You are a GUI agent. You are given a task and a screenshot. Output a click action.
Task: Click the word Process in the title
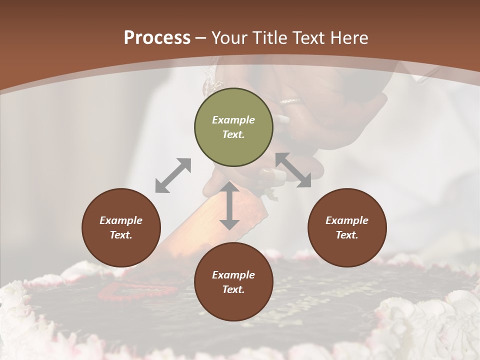tap(157, 38)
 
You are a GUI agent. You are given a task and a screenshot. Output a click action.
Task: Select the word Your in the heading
tap(230, 38)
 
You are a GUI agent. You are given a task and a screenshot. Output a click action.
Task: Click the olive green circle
tap(233, 127)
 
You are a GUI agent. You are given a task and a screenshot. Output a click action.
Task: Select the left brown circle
tap(121, 227)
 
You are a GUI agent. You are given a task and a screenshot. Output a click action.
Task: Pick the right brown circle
tap(347, 227)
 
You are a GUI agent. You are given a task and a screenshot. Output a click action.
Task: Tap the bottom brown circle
tap(233, 282)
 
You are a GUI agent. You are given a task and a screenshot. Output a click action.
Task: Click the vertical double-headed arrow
tap(229, 205)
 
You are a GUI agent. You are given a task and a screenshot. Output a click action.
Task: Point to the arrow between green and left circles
tap(173, 175)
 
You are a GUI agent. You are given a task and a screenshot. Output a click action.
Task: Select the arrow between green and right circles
tap(293, 170)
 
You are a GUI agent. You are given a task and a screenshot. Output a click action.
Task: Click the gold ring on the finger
tap(290, 101)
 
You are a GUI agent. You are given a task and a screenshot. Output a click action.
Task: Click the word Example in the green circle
tap(233, 120)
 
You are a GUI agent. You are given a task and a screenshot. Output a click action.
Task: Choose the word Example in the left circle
tap(121, 220)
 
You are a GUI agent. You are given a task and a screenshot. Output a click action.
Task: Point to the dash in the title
tap(201, 38)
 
